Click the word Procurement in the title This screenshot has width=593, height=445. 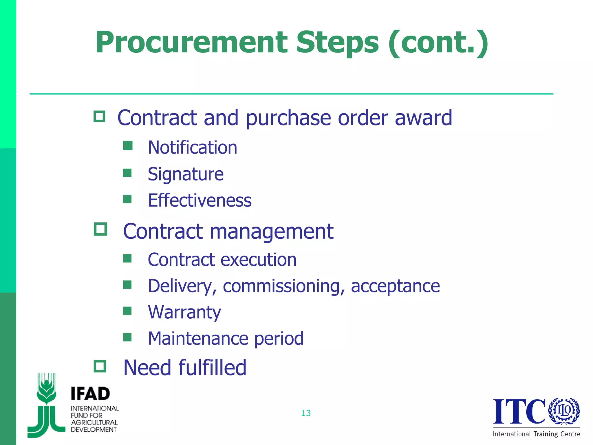[191, 43]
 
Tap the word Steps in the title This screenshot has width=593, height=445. [337, 43]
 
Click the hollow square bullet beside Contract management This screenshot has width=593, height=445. [100, 229]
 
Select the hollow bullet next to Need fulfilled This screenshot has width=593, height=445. [100, 366]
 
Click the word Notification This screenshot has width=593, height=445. [192, 147]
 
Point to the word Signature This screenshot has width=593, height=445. [185, 174]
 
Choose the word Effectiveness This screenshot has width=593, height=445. [200, 200]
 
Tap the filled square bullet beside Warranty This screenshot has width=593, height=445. [127, 311]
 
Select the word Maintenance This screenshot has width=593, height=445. [198, 338]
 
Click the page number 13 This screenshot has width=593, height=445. [306, 413]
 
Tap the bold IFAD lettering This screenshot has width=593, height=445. [90, 394]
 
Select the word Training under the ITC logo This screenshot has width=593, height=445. [546, 434]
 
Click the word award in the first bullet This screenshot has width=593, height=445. [423, 118]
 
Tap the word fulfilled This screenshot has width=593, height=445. [213, 368]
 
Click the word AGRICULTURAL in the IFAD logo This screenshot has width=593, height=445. [94, 422]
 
